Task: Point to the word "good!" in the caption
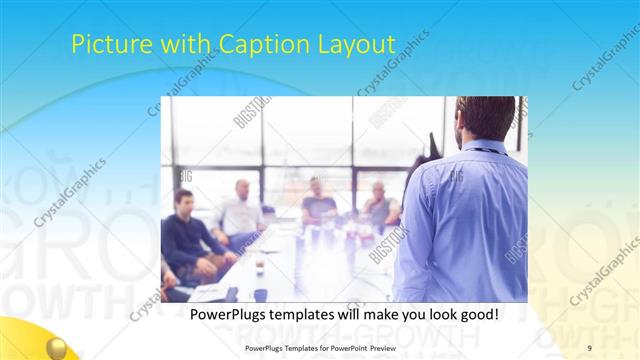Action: pyautogui.click(x=473, y=314)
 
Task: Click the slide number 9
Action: pyautogui.click(x=589, y=347)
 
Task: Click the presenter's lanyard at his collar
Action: pyautogui.click(x=478, y=150)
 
